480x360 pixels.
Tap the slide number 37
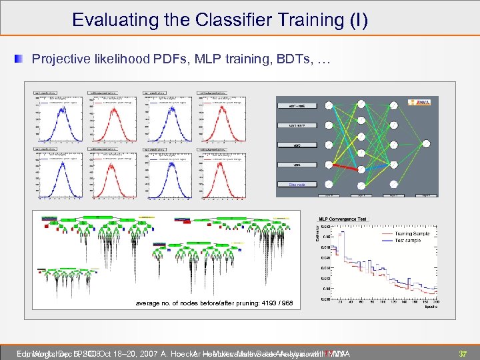[462, 353]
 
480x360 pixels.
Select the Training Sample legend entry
[411, 234]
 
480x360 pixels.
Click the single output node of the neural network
[425, 143]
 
